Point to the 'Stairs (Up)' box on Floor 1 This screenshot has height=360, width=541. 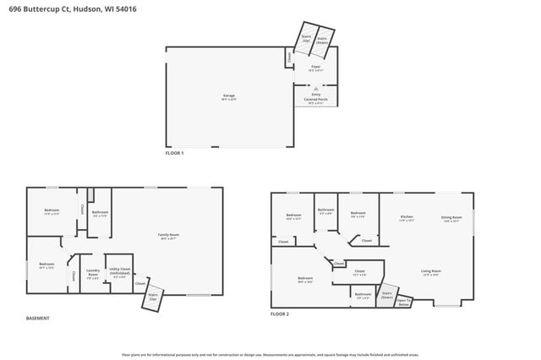pos(305,38)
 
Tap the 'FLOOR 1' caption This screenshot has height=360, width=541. pos(174,153)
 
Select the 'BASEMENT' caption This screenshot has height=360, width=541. pos(38,319)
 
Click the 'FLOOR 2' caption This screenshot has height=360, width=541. pos(280,314)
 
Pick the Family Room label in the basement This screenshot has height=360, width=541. pos(167,236)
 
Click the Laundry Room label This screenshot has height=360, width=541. pos(93,273)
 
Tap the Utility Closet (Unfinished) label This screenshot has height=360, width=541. pos(120,273)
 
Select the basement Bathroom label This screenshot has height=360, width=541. pos(101,214)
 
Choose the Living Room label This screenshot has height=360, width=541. pos(431,272)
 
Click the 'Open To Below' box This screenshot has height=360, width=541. pos(404,301)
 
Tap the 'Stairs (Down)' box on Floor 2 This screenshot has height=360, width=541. pos(387,295)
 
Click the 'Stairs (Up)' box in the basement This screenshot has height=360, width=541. pos(153,297)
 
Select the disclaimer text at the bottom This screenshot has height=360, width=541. pos(270,355)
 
